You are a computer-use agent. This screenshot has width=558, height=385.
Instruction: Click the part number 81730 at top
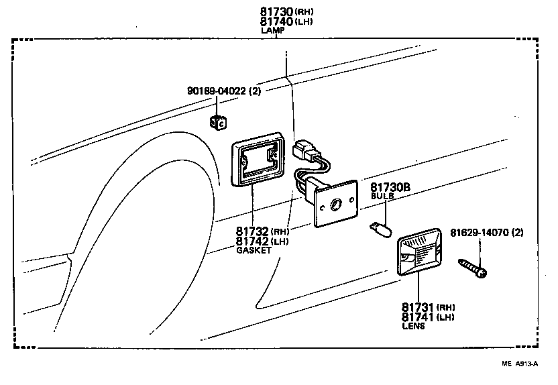pos(276,12)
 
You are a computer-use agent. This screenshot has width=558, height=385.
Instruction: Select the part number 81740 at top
pos(276,21)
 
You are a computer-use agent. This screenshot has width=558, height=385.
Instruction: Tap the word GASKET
pos(254,250)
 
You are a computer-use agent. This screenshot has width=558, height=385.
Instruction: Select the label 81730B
pos(390,188)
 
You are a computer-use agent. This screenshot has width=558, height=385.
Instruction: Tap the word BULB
pos(382,197)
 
